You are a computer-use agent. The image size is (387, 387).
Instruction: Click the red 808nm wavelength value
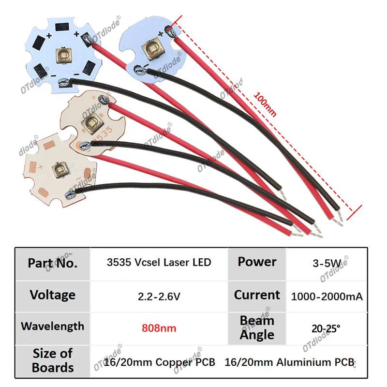(x=159, y=328)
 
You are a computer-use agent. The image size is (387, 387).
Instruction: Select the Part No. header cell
(x=53, y=263)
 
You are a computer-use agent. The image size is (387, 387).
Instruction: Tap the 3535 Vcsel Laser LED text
(x=159, y=262)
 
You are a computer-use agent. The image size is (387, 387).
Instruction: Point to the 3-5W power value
(x=327, y=263)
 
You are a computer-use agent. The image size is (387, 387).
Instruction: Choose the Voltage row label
(x=53, y=295)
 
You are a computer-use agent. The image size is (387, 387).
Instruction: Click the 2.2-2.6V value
(x=159, y=296)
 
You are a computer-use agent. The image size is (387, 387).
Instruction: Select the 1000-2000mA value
(x=327, y=297)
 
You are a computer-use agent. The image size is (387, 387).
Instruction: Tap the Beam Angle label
(x=257, y=328)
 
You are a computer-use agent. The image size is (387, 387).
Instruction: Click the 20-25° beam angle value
(x=326, y=328)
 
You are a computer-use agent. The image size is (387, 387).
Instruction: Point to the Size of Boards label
(x=53, y=360)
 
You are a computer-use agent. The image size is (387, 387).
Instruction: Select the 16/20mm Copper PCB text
(x=159, y=362)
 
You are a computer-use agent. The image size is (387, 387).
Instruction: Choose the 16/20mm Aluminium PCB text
(x=289, y=362)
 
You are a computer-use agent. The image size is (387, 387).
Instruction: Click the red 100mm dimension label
(x=265, y=104)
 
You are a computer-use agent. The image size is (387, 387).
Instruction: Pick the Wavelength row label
(x=53, y=326)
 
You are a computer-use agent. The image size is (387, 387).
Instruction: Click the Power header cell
(x=257, y=262)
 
